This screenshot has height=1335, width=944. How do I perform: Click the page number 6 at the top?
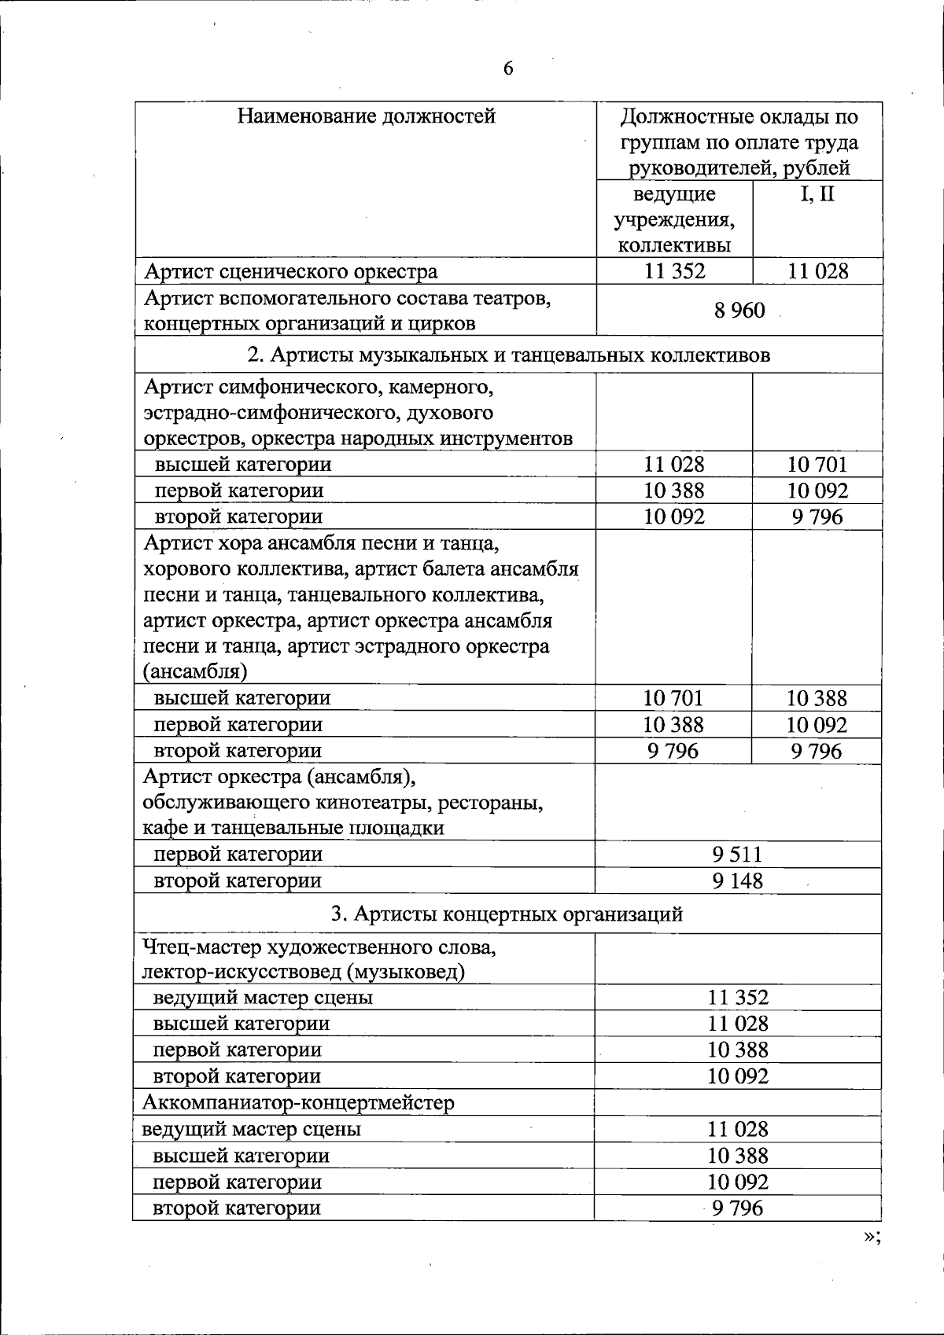click(x=507, y=69)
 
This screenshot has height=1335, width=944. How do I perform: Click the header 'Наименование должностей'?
click(x=367, y=117)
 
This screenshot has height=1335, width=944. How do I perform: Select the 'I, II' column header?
click(x=817, y=194)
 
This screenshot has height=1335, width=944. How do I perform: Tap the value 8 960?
click(x=739, y=311)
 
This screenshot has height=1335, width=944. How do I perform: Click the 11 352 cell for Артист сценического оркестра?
click(x=674, y=272)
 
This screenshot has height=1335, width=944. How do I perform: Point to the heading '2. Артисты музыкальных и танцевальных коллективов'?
click(x=508, y=355)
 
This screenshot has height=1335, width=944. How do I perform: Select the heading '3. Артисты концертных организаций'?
click(x=507, y=914)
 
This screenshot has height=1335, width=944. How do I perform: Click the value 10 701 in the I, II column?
click(x=817, y=465)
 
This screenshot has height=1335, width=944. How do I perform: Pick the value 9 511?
click(x=737, y=855)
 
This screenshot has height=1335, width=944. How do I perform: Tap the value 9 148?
click(x=737, y=881)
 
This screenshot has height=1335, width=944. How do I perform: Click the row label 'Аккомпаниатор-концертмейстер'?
click(x=298, y=1103)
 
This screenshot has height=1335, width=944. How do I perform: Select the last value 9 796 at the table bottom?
click(x=737, y=1208)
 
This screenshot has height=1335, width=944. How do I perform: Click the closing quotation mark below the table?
click(x=870, y=1237)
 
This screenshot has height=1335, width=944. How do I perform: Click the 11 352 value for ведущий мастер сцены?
click(x=737, y=998)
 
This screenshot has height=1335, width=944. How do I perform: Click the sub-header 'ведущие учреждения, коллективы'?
click(x=674, y=219)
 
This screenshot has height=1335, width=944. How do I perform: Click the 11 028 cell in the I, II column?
click(x=817, y=272)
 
